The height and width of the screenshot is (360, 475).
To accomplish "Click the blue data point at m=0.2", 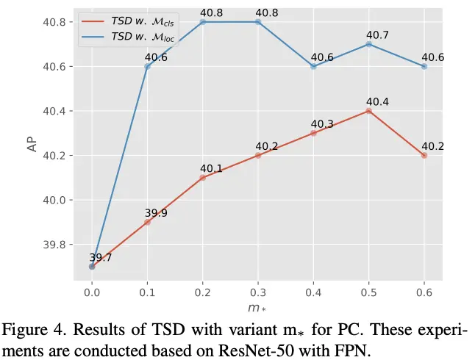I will point(202,22).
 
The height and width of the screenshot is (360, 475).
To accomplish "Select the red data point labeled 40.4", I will point(368,111).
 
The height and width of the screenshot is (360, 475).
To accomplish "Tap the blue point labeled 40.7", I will point(368,44).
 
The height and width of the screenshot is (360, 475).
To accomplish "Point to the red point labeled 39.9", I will point(147,222).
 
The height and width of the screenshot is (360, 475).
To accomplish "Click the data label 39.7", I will point(101,258).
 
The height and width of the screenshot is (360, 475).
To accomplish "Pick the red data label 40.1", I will point(212,169).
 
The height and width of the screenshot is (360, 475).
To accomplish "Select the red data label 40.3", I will point(322,124).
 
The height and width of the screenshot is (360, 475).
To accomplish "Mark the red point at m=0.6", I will point(424,156).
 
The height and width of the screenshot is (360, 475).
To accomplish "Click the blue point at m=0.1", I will point(147,66).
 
